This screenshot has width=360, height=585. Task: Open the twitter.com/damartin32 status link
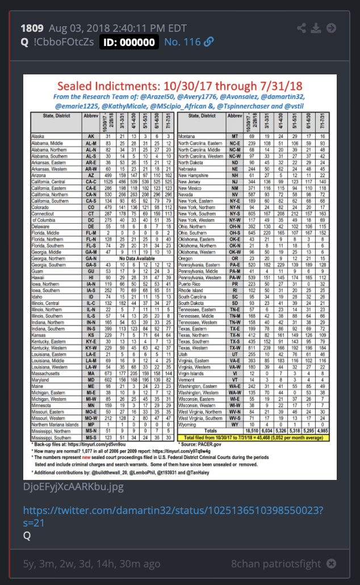[x=173, y=516]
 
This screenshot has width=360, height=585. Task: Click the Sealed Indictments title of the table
[x=179, y=86]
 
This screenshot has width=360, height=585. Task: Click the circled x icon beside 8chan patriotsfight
[x=331, y=563]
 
